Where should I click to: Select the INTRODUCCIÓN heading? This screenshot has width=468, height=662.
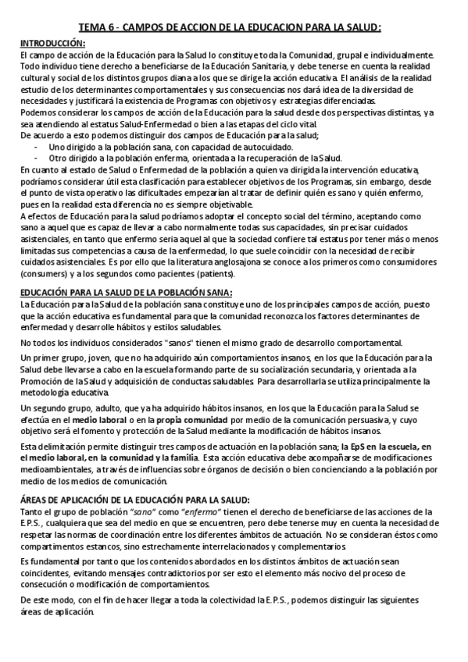[x=52, y=43]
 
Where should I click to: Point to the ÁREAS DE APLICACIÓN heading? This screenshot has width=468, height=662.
[x=134, y=499]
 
